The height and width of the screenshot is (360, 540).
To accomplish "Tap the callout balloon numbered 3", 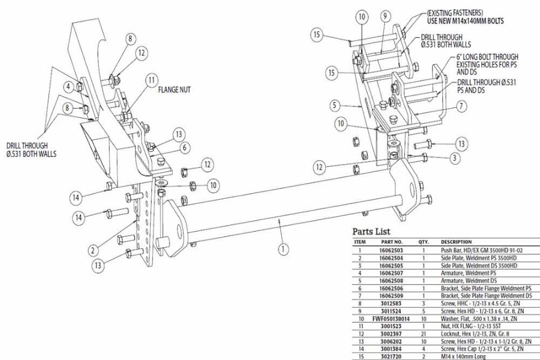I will coord(455,157).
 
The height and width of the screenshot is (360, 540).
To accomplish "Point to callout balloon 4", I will coord(70,87).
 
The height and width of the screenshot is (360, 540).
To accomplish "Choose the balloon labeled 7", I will coord(461,106).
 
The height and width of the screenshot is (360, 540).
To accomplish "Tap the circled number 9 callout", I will coord(385,16).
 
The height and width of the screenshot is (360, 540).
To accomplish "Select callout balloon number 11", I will coord(151,79).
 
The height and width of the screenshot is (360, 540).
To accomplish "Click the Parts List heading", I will coord(371,232).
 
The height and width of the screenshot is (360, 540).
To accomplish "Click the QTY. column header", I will coord(424,242).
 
